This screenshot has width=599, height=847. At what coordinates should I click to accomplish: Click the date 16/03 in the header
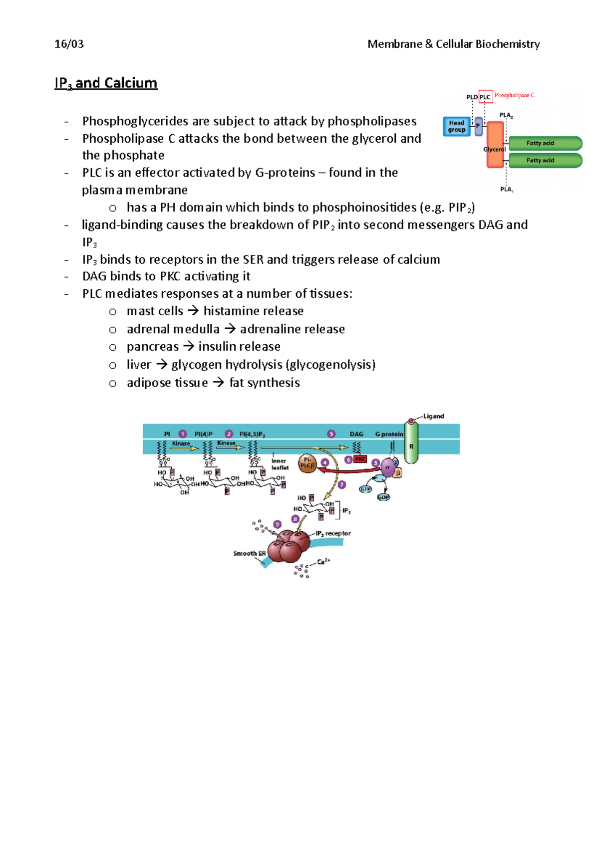point(69,44)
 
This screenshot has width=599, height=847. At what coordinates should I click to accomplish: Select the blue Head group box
point(456,126)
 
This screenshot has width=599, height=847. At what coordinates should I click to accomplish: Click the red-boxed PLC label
point(485,97)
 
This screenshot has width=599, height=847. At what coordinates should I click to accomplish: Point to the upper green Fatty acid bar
point(544,143)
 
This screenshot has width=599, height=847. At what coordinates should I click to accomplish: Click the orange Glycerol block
point(495,145)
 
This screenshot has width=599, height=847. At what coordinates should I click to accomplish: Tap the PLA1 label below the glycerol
point(507,189)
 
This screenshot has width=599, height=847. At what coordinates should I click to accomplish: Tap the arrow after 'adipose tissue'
point(219,383)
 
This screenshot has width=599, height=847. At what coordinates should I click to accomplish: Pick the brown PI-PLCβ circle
point(307,463)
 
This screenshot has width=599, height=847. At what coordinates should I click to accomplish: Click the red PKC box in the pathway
point(360,459)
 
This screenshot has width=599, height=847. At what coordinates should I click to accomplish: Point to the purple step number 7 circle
point(341,484)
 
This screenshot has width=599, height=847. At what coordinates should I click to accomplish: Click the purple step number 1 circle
point(183,434)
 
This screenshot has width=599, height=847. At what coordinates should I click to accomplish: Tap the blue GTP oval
point(366,489)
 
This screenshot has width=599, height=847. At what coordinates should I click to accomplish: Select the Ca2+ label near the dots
point(323,562)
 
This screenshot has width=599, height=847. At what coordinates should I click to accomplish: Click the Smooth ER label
point(249,553)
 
